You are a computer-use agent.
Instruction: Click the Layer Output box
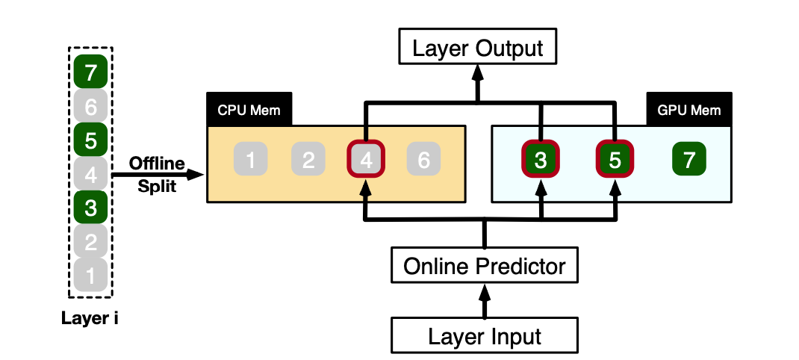[478, 49]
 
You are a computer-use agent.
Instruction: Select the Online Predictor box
[485, 265]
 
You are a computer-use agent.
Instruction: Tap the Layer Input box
[485, 335]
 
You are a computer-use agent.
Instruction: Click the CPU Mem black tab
[249, 111]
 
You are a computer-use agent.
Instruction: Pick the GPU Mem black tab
[688, 110]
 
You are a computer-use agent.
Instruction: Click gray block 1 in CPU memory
[251, 159]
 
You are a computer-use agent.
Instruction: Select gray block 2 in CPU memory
[308, 159]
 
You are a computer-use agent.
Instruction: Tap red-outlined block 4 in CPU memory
[366, 159]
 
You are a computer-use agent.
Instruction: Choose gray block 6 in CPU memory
[423, 159]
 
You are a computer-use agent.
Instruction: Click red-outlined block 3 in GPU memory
[540, 159]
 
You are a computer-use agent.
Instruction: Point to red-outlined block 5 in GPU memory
[614, 159]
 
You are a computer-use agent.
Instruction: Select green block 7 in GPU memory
[688, 159]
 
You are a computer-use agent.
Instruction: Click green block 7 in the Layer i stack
[90, 73]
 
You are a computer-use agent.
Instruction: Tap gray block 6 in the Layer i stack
[90, 108]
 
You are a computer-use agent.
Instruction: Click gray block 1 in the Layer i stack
[90, 276]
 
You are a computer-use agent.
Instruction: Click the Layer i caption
[90, 320]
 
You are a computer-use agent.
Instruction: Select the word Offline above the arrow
[157, 162]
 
